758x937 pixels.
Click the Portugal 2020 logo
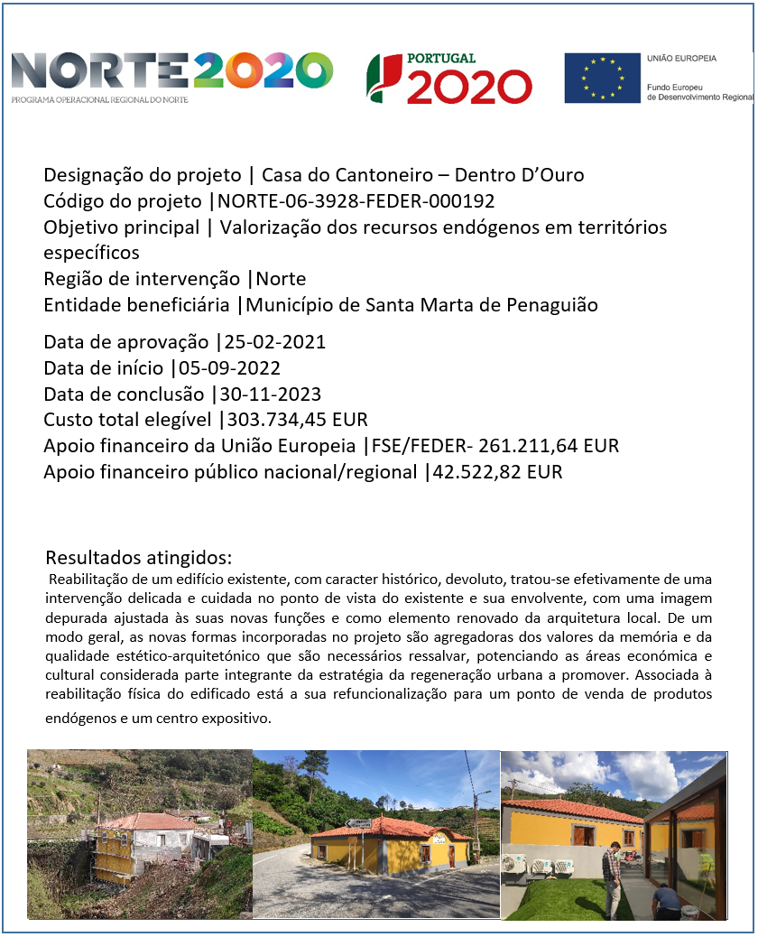(x=448, y=78)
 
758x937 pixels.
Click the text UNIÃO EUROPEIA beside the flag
(x=681, y=58)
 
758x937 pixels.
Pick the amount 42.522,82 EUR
(x=496, y=471)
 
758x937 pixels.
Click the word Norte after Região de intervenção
(x=282, y=279)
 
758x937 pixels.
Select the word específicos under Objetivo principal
(x=92, y=252)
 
